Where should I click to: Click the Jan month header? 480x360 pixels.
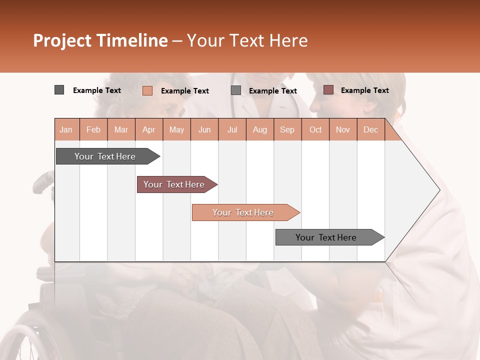[x=66, y=129]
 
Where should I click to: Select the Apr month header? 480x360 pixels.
[x=148, y=129]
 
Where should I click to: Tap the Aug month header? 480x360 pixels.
[x=259, y=129]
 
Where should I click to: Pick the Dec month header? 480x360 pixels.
[x=370, y=129]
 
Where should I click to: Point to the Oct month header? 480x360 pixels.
[x=315, y=129]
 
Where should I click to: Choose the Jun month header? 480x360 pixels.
[x=204, y=129]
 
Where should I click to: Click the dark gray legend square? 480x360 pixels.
[x=59, y=90]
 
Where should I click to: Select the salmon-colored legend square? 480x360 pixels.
[x=147, y=90]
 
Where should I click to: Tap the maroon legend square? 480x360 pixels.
[x=328, y=90]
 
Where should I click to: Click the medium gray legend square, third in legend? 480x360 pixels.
[x=236, y=90]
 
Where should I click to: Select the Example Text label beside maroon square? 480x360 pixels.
[x=364, y=90]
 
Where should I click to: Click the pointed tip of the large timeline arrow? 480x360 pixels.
[x=438, y=190]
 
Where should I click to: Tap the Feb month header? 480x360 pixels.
[x=93, y=129]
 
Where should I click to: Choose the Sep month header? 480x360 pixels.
[x=287, y=129]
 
